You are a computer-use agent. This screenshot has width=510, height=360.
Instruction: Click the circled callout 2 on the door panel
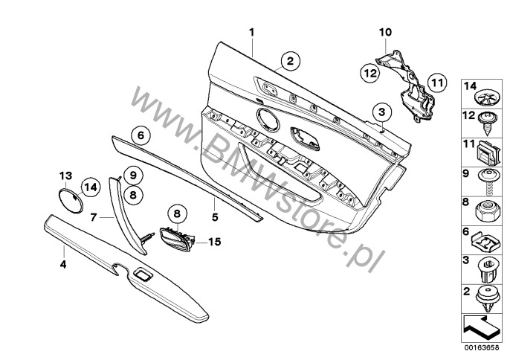pyautogui.click(x=290, y=61)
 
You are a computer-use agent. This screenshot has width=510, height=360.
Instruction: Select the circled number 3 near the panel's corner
pyautogui.click(x=381, y=112)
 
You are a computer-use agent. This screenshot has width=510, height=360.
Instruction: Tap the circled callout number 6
pyautogui.click(x=139, y=135)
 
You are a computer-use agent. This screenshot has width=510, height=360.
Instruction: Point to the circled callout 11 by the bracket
pyautogui.click(x=436, y=83)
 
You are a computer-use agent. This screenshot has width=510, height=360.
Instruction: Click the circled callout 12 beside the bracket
pyautogui.click(x=370, y=72)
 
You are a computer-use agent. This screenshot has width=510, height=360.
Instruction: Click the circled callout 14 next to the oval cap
pyautogui.click(x=90, y=187)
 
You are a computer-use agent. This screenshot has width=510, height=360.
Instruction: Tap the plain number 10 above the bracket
pyautogui.click(x=384, y=33)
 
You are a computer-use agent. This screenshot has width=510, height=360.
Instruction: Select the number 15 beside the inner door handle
pyautogui.click(x=216, y=242)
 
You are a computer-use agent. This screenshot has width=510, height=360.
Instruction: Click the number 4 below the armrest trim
pyautogui.click(x=63, y=263)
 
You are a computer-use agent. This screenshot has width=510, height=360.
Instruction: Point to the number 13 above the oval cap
pyautogui.click(x=65, y=175)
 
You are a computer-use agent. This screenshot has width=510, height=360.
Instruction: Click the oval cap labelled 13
pyautogui.click(x=70, y=202)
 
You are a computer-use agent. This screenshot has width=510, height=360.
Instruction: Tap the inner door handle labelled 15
pyautogui.click(x=175, y=237)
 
